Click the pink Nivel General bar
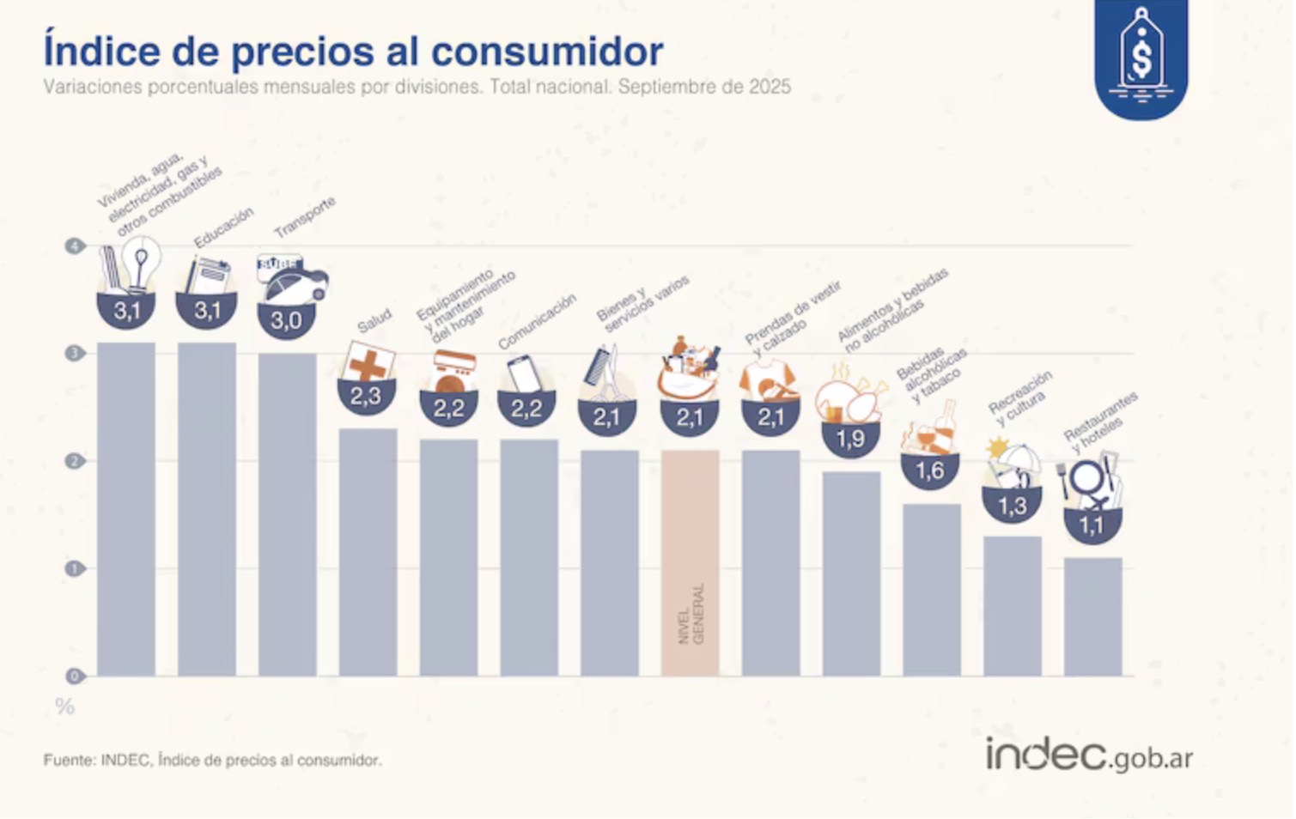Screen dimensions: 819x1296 (x=690, y=562)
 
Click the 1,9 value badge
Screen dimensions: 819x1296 (x=850, y=440)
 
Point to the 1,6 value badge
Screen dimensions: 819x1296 (x=930, y=470)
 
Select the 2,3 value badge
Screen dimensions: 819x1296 (x=365, y=397)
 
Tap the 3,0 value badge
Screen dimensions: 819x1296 (x=286, y=321)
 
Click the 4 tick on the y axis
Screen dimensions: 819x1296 (x=75, y=246)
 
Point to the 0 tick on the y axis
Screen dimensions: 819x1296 (x=75, y=676)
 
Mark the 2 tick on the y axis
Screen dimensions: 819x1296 (x=75, y=461)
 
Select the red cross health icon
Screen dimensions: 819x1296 (x=368, y=363)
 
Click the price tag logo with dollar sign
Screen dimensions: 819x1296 (x=1141, y=56)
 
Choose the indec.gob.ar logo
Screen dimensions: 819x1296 (x=1089, y=755)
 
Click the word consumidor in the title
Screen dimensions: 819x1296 (x=547, y=52)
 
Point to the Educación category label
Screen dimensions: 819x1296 (x=223, y=227)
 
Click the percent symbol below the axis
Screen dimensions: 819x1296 (x=65, y=707)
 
